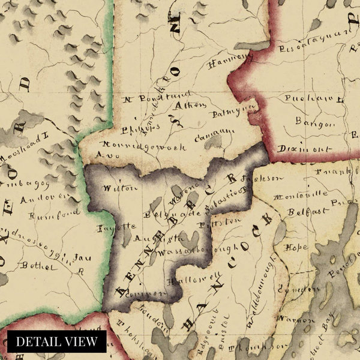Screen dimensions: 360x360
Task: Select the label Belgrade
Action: [x=161, y=212]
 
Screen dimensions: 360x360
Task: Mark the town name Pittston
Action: [x=224, y=221]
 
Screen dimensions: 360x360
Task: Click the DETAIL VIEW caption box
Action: [x=57, y=341]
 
